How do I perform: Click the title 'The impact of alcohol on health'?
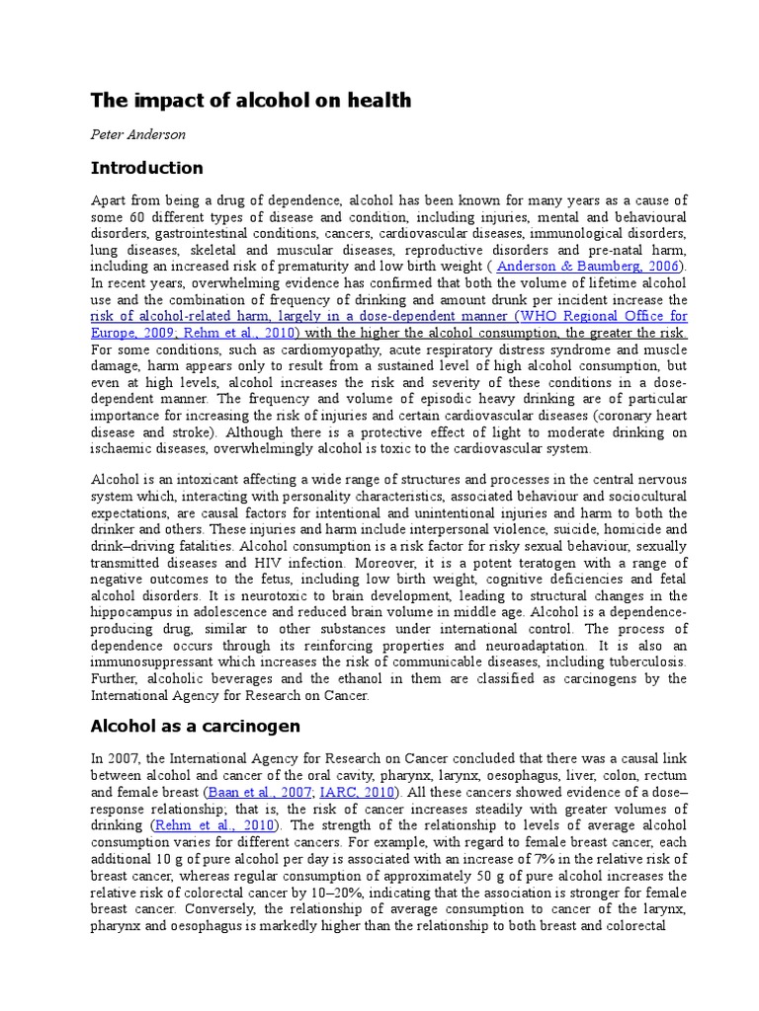(x=250, y=101)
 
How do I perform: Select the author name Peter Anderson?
(x=138, y=133)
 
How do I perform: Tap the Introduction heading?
(x=146, y=168)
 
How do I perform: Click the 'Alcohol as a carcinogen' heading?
(x=196, y=727)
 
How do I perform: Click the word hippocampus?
(x=133, y=613)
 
